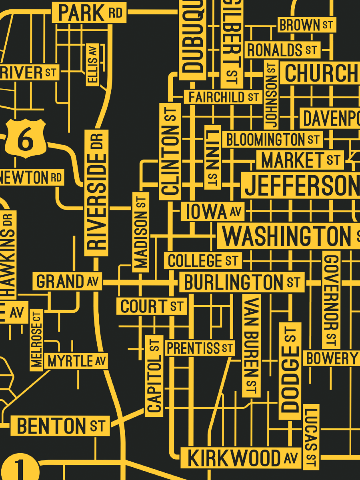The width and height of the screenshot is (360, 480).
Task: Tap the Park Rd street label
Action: click(89, 13)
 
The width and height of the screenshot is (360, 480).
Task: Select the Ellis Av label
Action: click(93, 64)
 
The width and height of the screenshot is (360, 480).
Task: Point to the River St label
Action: click(29, 73)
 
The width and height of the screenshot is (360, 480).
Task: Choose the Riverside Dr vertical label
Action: click(96, 192)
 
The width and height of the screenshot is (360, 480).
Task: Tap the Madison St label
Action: click(141, 232)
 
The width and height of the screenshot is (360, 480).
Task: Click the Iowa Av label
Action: click(212, 212)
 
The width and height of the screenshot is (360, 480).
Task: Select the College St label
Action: click(203, 261)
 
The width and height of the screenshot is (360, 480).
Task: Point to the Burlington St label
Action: click(242, 282)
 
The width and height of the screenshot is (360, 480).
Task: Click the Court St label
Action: click(152, 306)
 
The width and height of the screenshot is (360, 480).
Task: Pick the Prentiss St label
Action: click(200, 348)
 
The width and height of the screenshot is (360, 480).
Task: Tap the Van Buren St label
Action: click(251, 346)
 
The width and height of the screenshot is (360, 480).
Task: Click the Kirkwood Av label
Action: click(241, 458)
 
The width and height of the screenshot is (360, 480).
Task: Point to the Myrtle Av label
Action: click(76, 361)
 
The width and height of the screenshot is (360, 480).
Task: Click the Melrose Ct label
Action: click(36, 340)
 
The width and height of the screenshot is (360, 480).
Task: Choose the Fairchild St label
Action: click(223, 97)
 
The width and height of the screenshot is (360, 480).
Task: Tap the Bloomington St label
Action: click(272, 140)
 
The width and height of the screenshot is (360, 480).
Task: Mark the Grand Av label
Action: click(67, 282)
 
